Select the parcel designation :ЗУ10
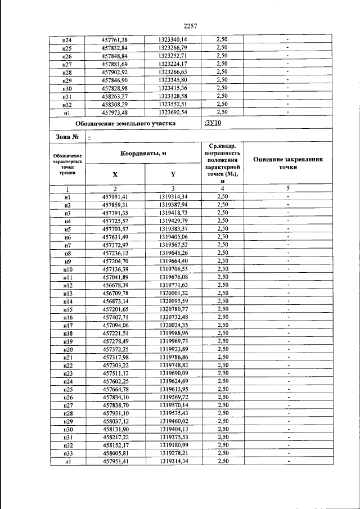[x=213, y=123]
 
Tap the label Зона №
[x=66, y=136]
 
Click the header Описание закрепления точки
[x=287, y=163]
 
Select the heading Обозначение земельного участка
[x=125, y=123]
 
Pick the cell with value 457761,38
[x=115, y=40]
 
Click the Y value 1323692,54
[x=173, y=112]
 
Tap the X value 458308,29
[x=115, y=104]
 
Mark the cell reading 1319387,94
[x=173, y=205]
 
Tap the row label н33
[x=67, y=453]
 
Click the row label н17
[x=67, y=325]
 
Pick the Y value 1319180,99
[x=173, y=445]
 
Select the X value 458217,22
[x=115, y=437]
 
